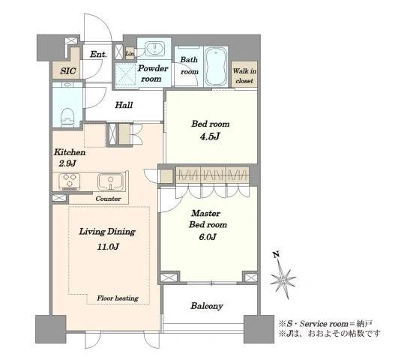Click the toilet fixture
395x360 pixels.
coord(67,116)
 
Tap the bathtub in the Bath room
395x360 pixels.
coord(217,67)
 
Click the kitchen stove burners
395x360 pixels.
coord(70,181)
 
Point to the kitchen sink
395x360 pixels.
coord(111,181)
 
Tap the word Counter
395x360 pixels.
coord(109,199)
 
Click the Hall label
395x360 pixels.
coord(124,105)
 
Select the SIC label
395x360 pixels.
coord(68,70)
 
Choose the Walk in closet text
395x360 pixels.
coord(244,76)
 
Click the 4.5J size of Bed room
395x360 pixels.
coord(210,136)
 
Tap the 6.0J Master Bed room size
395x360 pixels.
coord(208,237)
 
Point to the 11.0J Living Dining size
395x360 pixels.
coord(108,246)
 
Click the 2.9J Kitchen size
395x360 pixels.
coord(67,163)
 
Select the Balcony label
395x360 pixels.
coord(207,306)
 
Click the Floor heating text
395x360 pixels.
coord(118,298)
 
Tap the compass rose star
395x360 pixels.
coord(283,279)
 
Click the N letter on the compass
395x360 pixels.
coord(276,254)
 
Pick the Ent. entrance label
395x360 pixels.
coord(98,54)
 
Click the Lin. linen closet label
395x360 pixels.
coord(130,53)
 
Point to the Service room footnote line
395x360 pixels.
coord(325,323)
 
